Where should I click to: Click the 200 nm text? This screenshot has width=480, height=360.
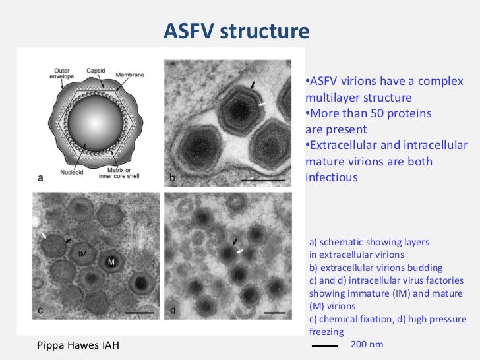pyautogui.click(x=367, y=344)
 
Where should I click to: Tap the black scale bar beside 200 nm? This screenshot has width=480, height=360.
pyautogui.click(x=324, y=345)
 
